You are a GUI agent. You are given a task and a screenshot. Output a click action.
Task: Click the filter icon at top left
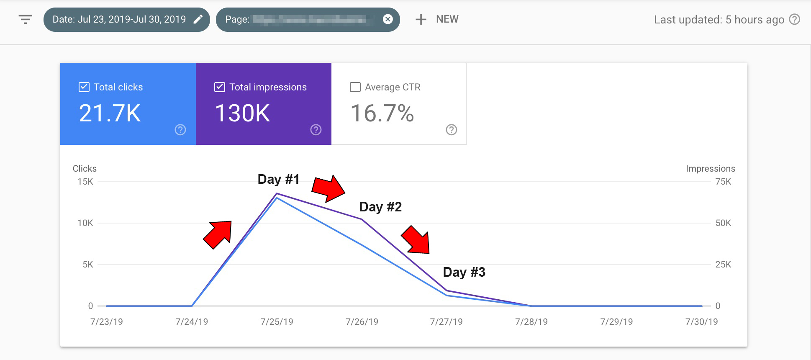coord(26,19)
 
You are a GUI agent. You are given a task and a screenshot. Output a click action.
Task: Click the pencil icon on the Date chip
coord(198,19)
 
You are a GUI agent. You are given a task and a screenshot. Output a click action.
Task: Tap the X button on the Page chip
coord(388,19)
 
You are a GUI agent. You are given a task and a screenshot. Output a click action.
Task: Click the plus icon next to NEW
coord(421,19)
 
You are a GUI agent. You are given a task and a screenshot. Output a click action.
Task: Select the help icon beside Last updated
coord(794,20)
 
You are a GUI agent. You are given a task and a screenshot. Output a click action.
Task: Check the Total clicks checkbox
coord(84,87)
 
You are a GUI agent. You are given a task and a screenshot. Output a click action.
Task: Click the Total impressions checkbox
coord(220,87)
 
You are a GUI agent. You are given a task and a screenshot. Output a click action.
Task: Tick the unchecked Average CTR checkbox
coord(355,87)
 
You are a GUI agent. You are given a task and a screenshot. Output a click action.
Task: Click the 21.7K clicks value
coord(110,113)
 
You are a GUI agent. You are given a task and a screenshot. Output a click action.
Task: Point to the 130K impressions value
coord(242,113)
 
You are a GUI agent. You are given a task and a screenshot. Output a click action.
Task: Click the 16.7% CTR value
coord(382,113)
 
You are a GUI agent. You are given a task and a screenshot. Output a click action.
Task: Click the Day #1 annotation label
coord(278,179)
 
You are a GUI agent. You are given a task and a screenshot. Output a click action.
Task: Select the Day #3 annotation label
coord(464,272)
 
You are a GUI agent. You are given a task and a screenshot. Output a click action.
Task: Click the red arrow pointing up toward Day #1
coord(218,234)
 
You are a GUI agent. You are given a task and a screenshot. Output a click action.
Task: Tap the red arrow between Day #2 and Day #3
coord(416,240)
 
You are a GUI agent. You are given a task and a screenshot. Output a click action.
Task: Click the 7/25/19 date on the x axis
coord(277,321)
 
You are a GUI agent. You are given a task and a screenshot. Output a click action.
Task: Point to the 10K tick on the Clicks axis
coord(85,223)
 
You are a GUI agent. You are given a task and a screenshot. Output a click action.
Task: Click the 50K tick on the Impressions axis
coord(723,223)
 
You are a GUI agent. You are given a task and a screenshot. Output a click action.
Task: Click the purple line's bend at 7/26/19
coord(362,219)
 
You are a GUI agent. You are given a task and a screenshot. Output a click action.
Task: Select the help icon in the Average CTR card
coord(451,130)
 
